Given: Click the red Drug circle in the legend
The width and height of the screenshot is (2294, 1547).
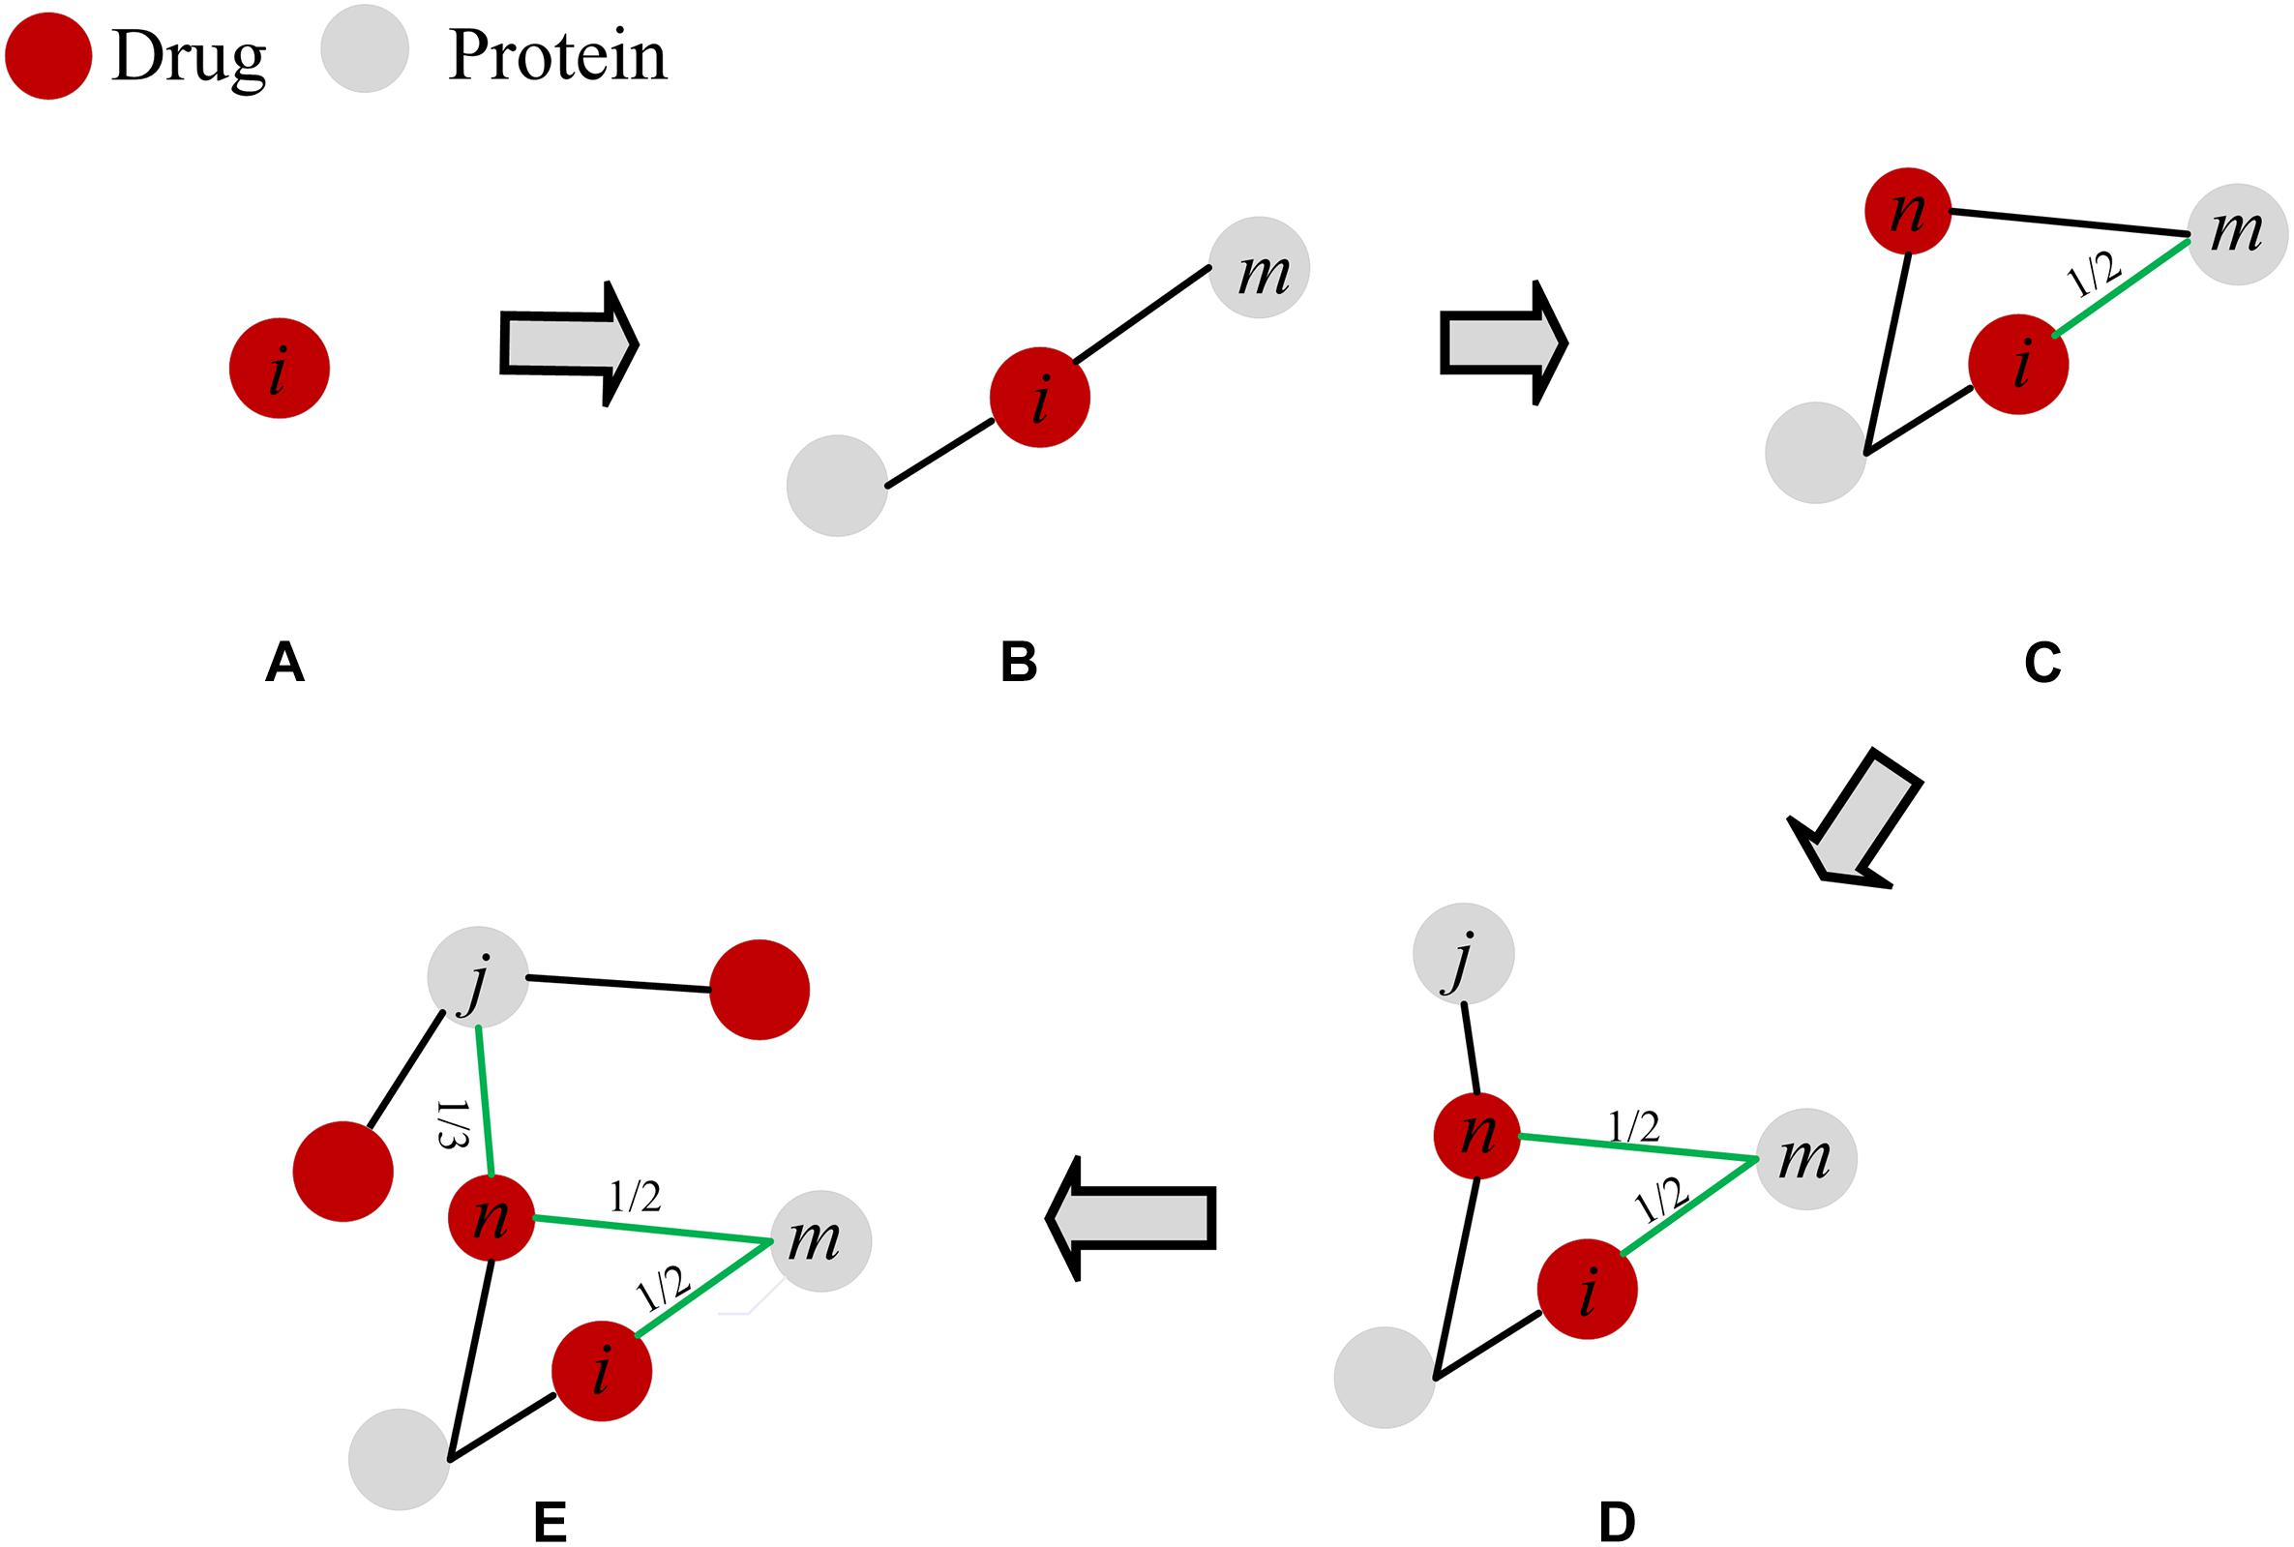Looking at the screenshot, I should click(x=48, y=55).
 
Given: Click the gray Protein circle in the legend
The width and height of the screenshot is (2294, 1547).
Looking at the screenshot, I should click(x=364, y=49).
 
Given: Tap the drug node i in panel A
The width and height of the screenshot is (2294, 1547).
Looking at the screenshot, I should click(x=280, y=368).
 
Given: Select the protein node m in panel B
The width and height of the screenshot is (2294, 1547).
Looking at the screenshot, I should click(x=1259, y=267).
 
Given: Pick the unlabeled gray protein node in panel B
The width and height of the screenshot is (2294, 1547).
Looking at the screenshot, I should click(x=837, y=486).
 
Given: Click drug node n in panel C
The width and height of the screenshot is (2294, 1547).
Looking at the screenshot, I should click(x=1907, y=211).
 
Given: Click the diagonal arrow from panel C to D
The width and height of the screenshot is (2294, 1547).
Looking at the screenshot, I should click(x=1856, y=818).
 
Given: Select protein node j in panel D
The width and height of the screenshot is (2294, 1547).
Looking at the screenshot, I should click(x=1463, y=953).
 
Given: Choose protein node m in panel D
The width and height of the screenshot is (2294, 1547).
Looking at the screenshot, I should click(x=1805, y=1159).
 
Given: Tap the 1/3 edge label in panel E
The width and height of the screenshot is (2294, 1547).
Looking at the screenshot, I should click(x=450, y=1125).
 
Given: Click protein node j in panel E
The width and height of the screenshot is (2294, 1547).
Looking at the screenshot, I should click(x=478, y=977).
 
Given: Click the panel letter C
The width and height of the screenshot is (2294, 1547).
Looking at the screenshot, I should click(x=2041, y=662).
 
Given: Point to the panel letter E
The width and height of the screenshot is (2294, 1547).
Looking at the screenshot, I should click(x=550, y=1524).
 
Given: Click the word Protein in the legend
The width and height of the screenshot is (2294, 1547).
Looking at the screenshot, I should click(x=557, y=55).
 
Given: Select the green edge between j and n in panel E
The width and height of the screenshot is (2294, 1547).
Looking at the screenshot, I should click(x=484, y=1101).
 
